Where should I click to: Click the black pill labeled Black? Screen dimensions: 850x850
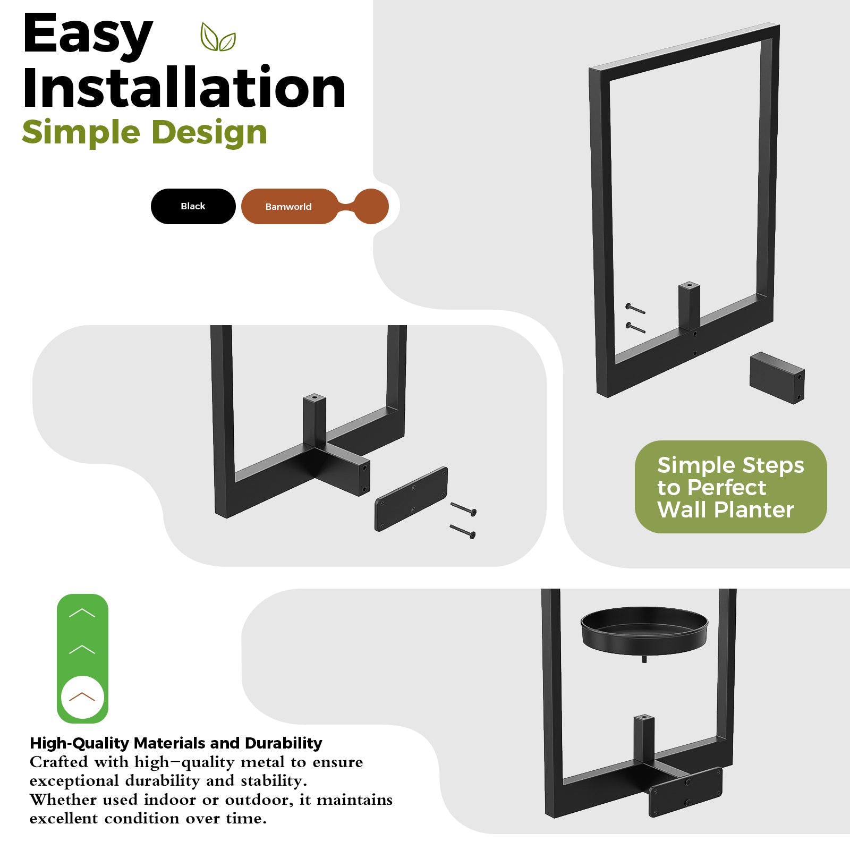pyautogui.click(x=193, y=206)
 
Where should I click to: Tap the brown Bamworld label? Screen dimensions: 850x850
pyautogui.click(x=288, y=206)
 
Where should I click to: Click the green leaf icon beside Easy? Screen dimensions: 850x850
pyautogui.click(x=218, y=37)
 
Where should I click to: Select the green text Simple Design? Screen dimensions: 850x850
pyautogui.click(x=144, y=132)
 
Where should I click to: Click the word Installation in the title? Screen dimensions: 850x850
pyautogui.click(x=184, y=88)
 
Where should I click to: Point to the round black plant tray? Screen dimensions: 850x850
pyautogui.click(x=644, y=632)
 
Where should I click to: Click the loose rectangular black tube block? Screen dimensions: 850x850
pyautogui.click(x=777, y=378)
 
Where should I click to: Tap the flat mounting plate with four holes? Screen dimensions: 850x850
pyautogui.click(x=411, y=499)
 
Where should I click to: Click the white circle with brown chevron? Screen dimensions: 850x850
pyautogui.click(x=82, y=697)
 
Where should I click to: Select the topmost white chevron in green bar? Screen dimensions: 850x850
pyautogui.click(x=82, y=613)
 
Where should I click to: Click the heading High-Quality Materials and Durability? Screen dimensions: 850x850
pyautogui.click(x=176, y=743)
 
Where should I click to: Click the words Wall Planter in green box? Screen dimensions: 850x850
pyautogui.click(x=725, y=510)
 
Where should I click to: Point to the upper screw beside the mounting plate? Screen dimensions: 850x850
pyautogui.click(x=464, y=509)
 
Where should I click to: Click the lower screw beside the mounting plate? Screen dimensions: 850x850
pyautogui.click(x=463, y=531)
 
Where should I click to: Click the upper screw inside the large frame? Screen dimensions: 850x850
pyautogui.click(x=635, y=309)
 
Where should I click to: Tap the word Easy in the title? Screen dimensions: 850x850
pyautogui.click(x=88, y=34)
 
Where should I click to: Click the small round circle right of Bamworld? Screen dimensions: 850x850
pyautogui.click(x=371, y=206)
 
